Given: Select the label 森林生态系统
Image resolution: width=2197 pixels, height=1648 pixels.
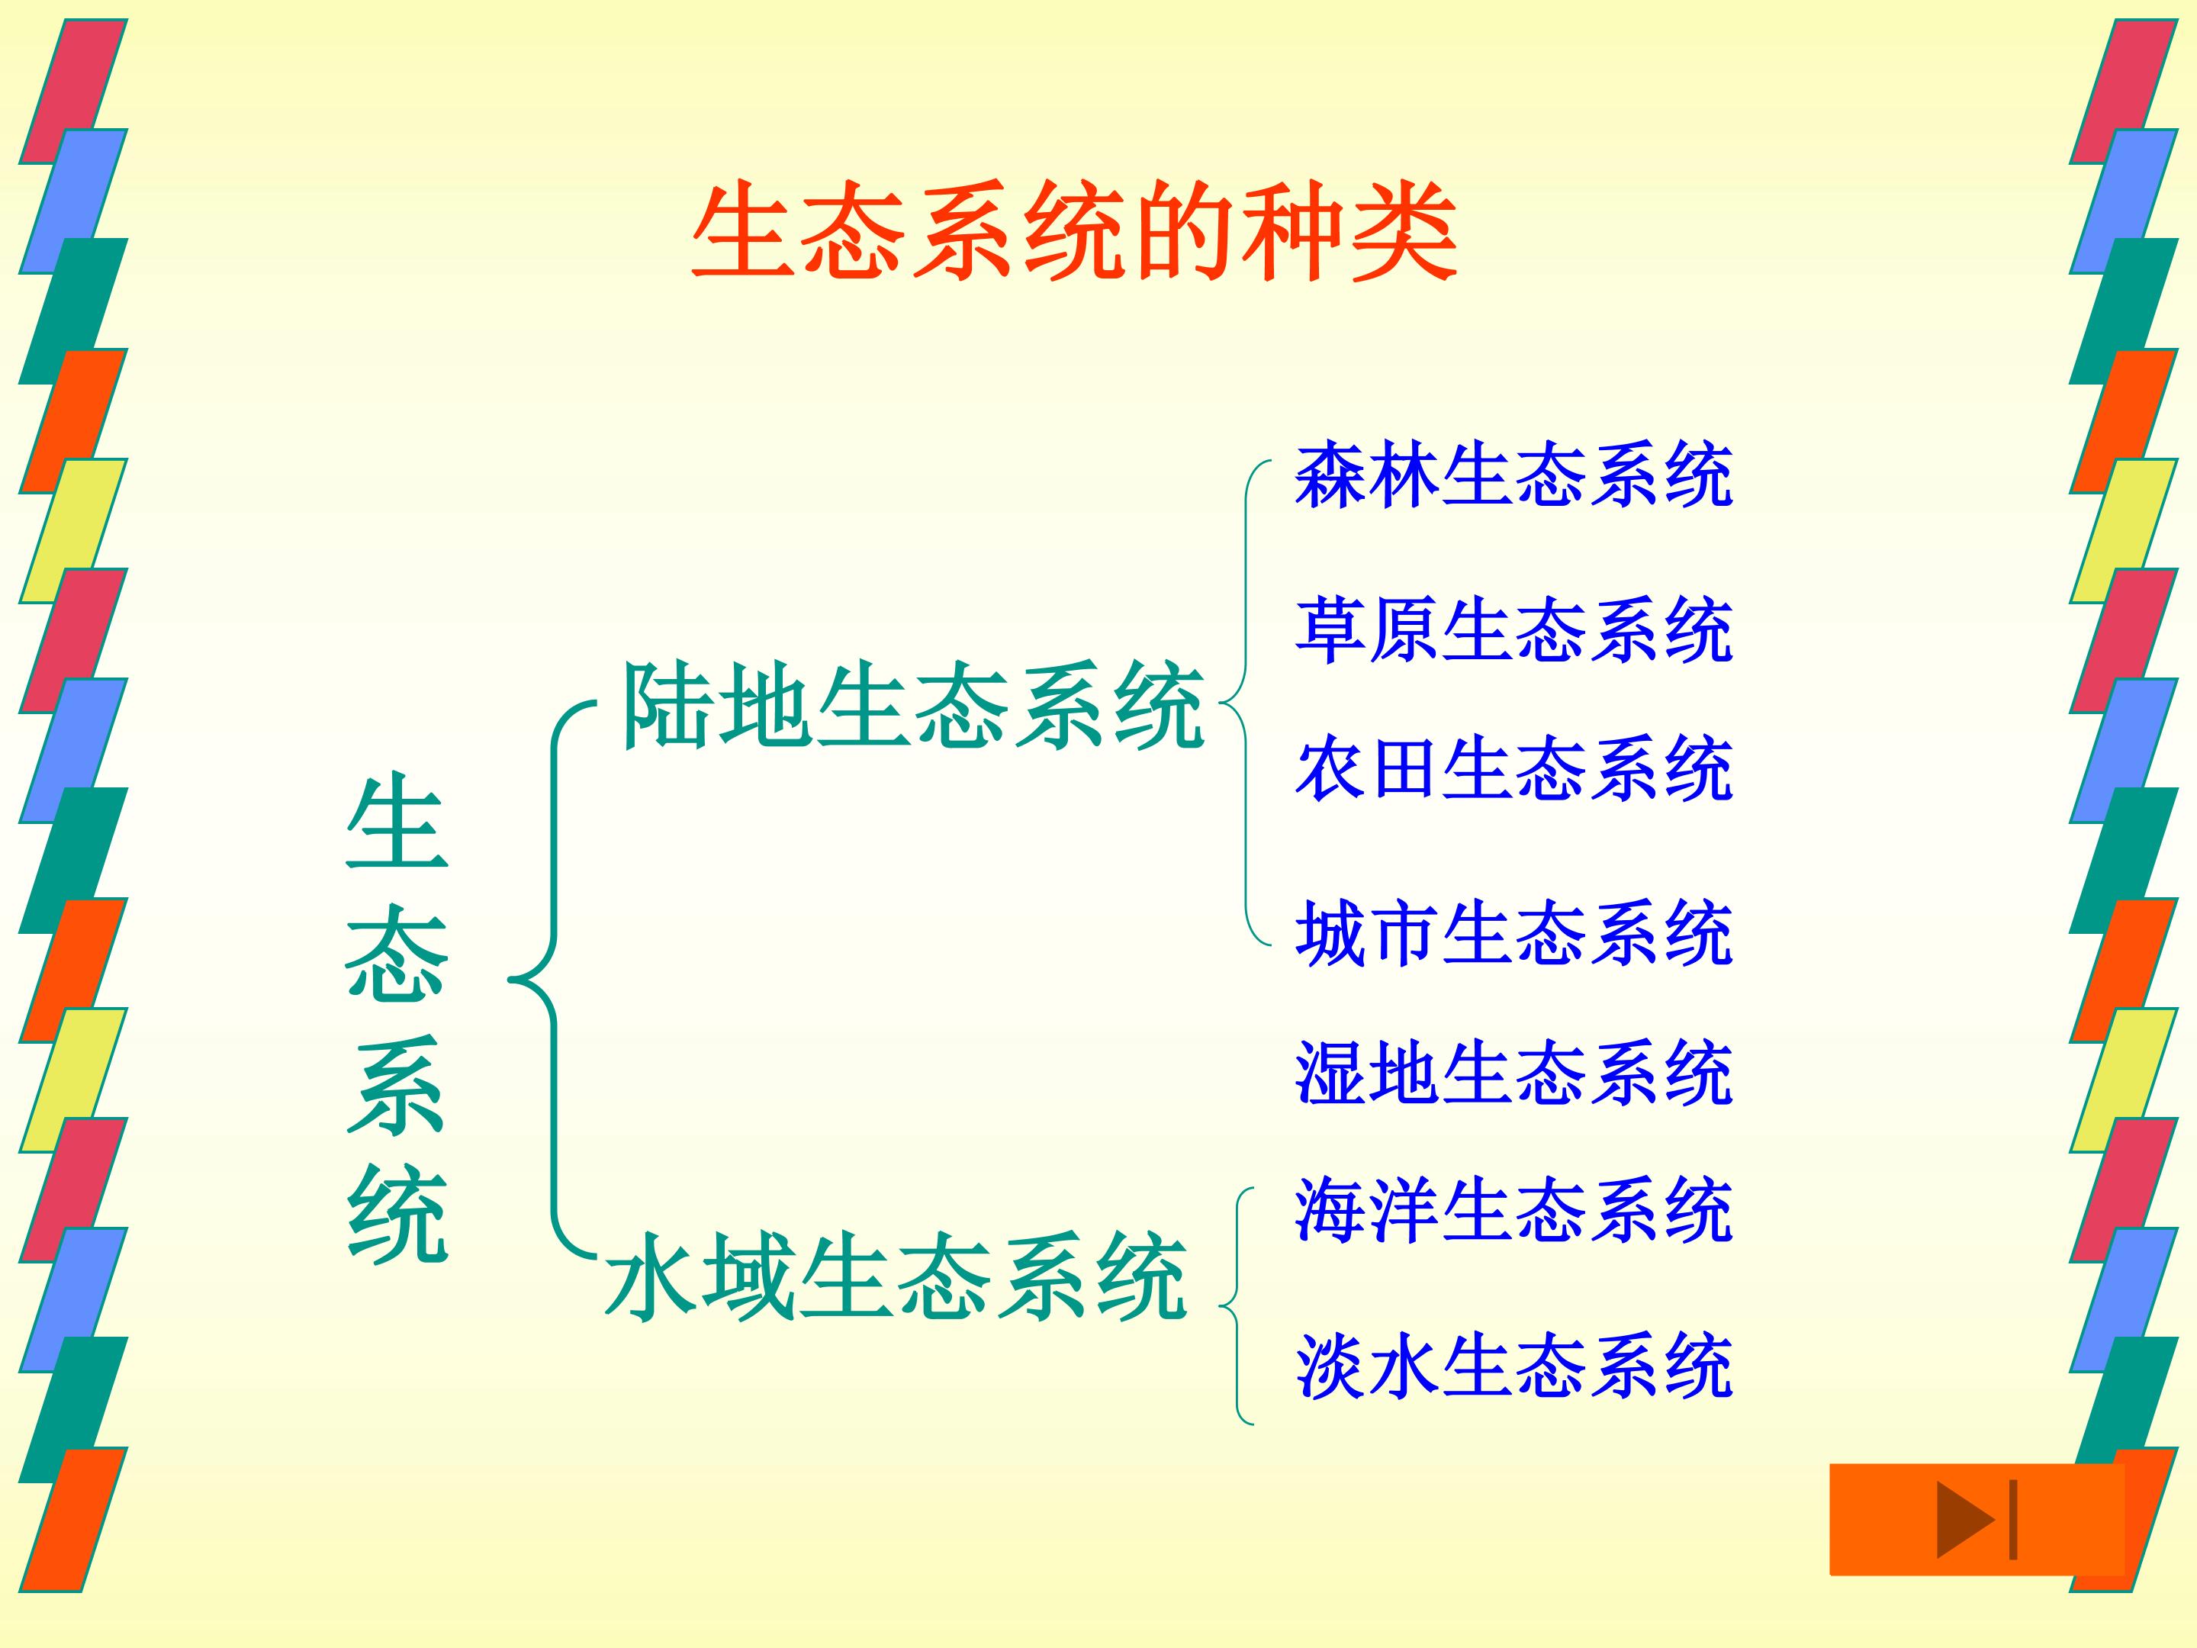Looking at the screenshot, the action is coord(1513,476).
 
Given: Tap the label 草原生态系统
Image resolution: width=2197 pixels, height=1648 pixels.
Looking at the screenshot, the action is coord(1513,629).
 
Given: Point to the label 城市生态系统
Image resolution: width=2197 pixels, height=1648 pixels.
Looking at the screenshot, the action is coord(1513,933).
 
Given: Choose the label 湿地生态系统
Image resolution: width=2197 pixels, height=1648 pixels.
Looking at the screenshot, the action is coord(1513,1073).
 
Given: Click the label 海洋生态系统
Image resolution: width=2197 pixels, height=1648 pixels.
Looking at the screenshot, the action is coord(1513,1210).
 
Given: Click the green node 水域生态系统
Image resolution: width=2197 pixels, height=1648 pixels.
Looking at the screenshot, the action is coord(896,1277).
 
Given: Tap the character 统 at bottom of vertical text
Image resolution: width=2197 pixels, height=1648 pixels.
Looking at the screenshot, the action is coord(397,1214).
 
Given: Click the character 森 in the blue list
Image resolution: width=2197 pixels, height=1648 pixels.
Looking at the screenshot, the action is coord(1331,476).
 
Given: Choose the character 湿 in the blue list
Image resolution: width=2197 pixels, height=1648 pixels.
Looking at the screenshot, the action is coord(1331,1073).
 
